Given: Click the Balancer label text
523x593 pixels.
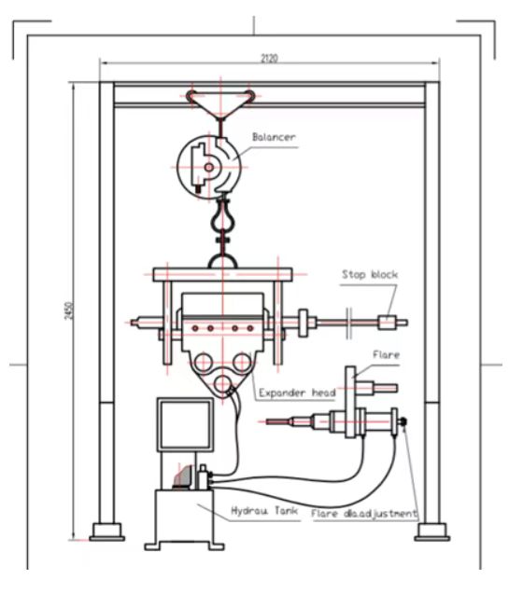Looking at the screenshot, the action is click(274, 137).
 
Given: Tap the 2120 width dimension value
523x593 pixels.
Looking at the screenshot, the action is click(269, 58).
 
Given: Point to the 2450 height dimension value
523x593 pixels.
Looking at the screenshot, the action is click(69, 310).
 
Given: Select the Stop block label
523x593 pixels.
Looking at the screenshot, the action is click(370, 274).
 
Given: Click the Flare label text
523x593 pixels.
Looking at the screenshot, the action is click(386, 354).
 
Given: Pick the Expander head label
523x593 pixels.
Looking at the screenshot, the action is click(297, 393).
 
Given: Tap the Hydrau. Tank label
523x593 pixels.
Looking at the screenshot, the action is click(264, 511).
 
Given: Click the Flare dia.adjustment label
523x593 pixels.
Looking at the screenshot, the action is click(363, 514).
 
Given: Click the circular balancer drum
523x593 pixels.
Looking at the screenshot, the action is click(209, 167).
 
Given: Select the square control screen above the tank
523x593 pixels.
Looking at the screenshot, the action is click(185, 424).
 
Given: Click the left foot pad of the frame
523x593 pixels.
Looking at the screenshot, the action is click(107, 532).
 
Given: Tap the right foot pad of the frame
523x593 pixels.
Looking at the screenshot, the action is click(432, 532).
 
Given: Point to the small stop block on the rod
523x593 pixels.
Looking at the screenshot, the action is click(387, 323).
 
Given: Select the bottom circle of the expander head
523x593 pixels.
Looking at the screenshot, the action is click(222, 384).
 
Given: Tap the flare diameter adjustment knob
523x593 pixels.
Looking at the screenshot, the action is click(403, 421).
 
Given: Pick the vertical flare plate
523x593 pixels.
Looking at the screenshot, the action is click(350, 403).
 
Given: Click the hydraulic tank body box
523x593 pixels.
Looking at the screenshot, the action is click(184, 517).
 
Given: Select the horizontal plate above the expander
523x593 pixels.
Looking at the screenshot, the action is click(222, 274).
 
